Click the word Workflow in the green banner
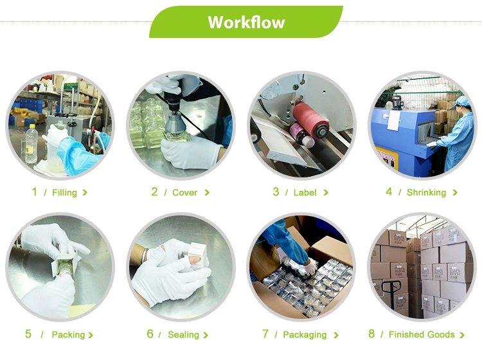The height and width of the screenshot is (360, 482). tap(246, 22)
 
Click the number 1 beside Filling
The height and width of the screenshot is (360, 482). tap(35, 192)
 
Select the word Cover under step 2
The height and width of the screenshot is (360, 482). tap(184, 192)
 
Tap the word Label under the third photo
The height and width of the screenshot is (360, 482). tap(305, 192)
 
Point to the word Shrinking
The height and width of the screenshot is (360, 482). tap(426, 192)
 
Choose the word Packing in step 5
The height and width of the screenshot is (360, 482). tap(68, 334)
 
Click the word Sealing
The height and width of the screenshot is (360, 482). tap(184, 334)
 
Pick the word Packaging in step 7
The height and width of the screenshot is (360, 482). tap(305, 334)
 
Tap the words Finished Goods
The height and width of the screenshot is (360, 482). tap(422, 334)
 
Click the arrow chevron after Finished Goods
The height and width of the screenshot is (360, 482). tap(461, 335)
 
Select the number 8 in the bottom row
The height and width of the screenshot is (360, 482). tap(371, 334)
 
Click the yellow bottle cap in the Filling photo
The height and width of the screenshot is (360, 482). tap(32, 126)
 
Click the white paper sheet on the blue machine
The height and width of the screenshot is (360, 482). tap(393, 120)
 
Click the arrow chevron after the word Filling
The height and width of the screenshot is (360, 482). tap(85, 193)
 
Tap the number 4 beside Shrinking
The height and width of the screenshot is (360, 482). tap(389, 192)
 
